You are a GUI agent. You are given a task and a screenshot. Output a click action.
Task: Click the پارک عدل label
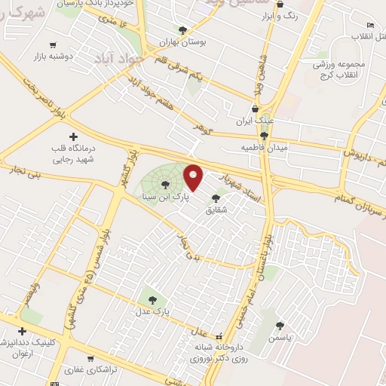click(159, 310)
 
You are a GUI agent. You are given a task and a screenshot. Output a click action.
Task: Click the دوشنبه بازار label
click(52, 57)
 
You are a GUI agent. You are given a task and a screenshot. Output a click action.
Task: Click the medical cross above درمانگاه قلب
click(73, 137)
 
